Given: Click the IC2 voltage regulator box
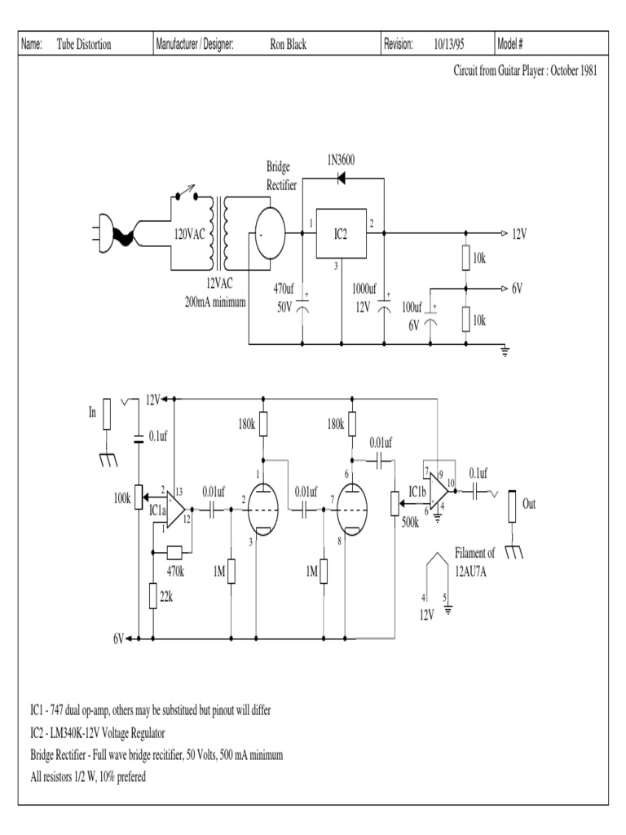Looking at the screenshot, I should click(x=341, y=234).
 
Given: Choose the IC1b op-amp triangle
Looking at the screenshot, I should click(x=439, y=490).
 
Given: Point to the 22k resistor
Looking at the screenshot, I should click(x=153, y=596).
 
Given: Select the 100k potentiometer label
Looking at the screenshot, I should click(x=124, y=497).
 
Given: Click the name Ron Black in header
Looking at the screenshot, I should click(x=288, y=44).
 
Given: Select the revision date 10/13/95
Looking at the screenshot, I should click(x=450, y=44).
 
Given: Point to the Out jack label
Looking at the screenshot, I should click(x=529, y=504).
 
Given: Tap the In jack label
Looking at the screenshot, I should click(x=92, y=413).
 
